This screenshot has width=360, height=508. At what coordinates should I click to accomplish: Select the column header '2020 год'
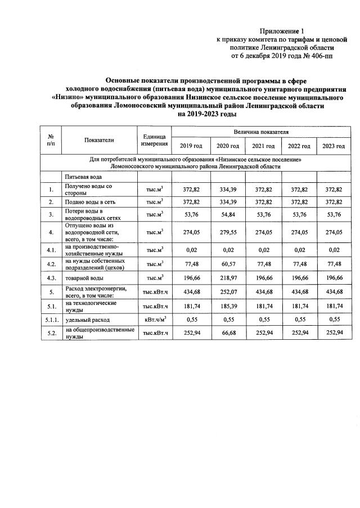227,146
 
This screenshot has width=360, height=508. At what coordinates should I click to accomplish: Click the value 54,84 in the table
227,214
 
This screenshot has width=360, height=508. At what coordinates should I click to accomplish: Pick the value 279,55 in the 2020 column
227,231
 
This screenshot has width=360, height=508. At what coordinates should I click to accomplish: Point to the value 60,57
227,263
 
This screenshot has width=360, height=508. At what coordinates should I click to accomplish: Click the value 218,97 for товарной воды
227,277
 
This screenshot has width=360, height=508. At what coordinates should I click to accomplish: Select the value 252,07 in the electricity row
227,291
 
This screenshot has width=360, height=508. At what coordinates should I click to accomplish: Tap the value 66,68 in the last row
227,334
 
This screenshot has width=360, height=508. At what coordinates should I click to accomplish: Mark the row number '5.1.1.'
51,320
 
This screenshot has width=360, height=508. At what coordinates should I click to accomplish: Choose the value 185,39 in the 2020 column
227,305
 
